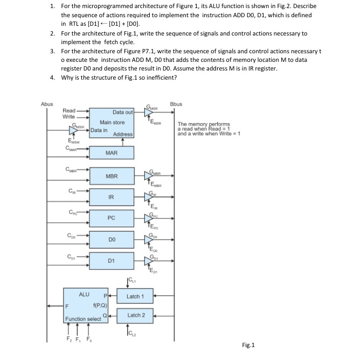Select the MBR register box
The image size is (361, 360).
112,176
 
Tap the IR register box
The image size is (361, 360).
112,197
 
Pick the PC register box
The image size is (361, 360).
112,218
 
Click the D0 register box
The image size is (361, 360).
112,239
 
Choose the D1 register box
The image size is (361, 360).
112,261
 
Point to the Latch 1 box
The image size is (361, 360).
135,297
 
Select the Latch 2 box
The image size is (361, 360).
135,315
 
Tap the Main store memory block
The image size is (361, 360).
112,123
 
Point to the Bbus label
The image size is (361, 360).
176,104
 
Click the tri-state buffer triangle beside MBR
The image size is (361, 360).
149,176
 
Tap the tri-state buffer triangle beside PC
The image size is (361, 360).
149,218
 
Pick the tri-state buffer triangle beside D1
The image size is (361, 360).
149,261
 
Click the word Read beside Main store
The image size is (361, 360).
69,110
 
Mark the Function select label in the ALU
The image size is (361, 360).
83,319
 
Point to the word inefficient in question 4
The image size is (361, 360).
160,77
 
